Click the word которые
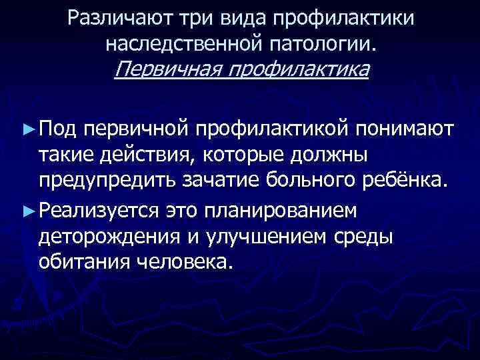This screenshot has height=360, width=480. click(232, 155)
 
